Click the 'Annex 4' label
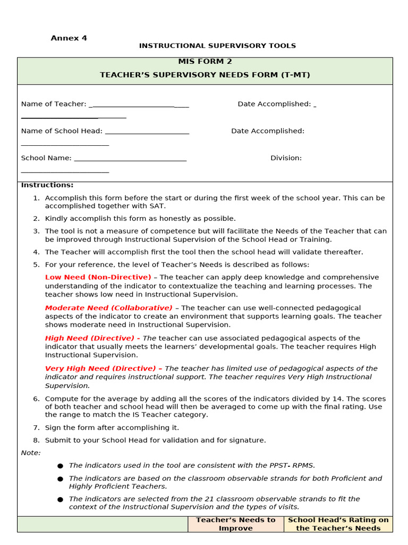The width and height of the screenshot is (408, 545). click(69, 38)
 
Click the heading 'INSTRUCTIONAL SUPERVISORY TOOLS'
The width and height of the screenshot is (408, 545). click(217, 46)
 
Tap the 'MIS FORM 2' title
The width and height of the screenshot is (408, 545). click(205, 62)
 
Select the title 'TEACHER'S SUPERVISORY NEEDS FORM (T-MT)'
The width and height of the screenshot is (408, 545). click(205, 75)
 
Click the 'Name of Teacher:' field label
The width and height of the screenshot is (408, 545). click(53, 104)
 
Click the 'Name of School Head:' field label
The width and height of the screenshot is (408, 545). click(62, 131)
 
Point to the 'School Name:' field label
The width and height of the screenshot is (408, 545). click(46, 158)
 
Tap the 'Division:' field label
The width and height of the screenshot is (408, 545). click(286, 158)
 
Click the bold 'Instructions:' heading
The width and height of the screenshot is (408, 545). click(47, 185)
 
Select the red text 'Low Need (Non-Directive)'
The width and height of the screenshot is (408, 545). click(98, 277)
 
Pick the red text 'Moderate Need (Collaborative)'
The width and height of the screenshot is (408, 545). click(108, 308)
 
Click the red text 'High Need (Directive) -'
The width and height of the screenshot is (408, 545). click(92, 338)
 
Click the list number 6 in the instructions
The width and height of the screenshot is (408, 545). click(36, 399)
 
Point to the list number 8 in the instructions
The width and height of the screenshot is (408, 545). click(36, 441)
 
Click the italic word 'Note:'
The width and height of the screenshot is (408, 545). click(31, 453)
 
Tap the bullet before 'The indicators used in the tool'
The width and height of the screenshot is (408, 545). click(60, 466)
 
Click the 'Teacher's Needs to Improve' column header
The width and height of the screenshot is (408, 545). click(236, 524)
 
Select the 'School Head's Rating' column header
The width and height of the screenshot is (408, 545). click(338, 524)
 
